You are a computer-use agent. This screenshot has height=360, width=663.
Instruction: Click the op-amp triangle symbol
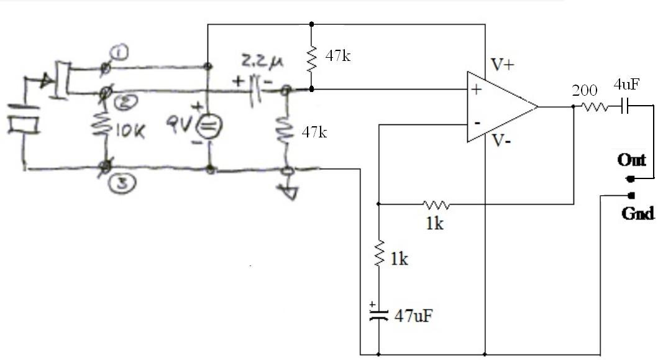point(501,107)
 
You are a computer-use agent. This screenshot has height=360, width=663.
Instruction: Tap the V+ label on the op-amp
point(503,64)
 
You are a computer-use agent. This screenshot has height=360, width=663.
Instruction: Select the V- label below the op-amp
point(503,141)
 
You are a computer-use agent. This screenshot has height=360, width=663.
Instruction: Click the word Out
point(631,160)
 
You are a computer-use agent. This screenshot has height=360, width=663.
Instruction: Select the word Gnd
point(638,213)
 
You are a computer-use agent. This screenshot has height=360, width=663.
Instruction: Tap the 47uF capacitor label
point(413,315)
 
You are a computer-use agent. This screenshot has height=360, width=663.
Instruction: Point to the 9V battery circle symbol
point(207,127)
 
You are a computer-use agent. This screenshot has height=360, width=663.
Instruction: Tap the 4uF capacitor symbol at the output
point(624,107)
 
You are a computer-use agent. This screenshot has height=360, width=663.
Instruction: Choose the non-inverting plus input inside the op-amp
point(477,90)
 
